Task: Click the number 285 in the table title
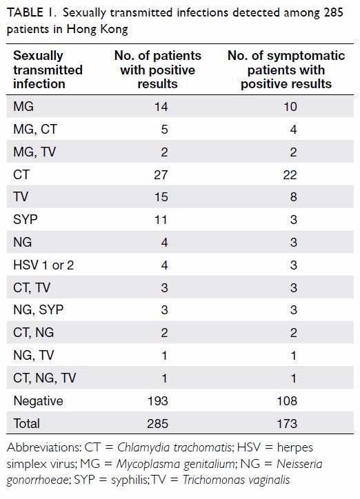tap(333, 12)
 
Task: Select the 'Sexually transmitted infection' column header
tap(48, 70)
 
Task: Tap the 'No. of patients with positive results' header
tap(157, 70)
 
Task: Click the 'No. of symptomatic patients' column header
tap(286, 70)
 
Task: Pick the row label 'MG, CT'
tap(35, 129)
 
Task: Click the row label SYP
tap(26, 219)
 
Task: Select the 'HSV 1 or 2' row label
tap(43, 265)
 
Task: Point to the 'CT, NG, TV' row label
tap(45, 378)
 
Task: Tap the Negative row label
tap(38, 401)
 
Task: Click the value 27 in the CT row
tap(161, 174)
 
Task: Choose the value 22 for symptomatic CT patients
tap(290, 174)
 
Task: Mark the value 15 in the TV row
tap(161, 196)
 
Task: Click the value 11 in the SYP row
tap(161, 220)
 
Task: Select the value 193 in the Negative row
tap(157, 400)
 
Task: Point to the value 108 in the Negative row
tap(287, 400)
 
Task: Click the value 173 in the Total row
tap(287, 424)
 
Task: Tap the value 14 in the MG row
tap(161, 106)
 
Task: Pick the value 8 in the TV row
tap(294, 196)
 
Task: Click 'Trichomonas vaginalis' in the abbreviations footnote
tap(236, 479)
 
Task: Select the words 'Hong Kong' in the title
tap(97, 29)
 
